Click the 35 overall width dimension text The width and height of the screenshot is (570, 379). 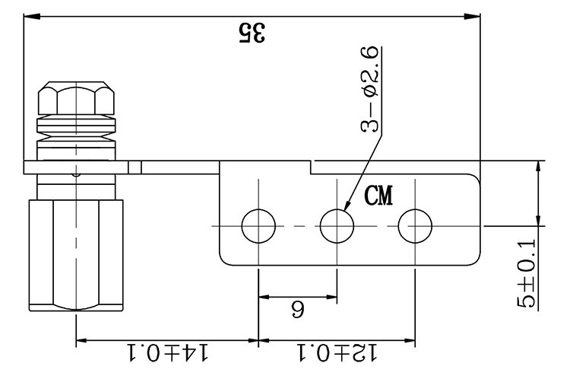[253, 32]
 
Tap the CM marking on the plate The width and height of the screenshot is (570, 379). [378, 196]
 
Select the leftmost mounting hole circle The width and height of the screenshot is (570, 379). [258, 225]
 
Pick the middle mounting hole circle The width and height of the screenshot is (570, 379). [337, 225]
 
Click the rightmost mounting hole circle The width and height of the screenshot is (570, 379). [415, 225]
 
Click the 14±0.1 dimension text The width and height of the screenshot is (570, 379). [166, 352]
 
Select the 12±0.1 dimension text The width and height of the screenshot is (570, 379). [336, 352]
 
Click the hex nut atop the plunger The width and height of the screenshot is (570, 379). [75, 97]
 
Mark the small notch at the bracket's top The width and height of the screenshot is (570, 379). [312, 163]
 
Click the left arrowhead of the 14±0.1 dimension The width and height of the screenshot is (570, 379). [81, 339]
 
